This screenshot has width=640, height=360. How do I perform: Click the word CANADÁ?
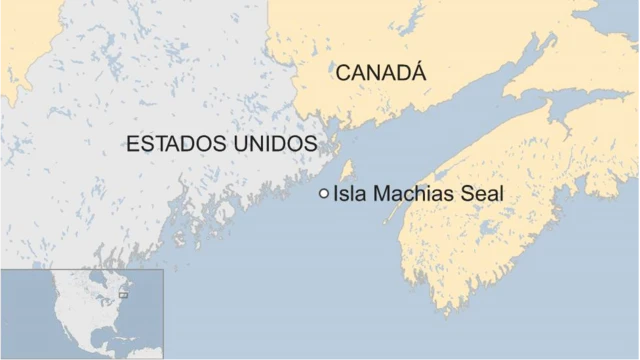tap(380, 72)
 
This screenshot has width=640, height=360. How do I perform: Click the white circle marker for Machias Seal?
tap(323, 194)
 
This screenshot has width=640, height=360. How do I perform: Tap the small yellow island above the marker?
tap(347, 169)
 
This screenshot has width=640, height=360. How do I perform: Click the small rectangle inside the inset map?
tap(123, 295)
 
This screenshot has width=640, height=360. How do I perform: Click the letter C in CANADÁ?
tap(342, 73)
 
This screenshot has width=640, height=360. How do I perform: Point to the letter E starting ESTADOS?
tap(131, 144)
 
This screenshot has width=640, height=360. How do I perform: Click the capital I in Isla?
tap(336, 194)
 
